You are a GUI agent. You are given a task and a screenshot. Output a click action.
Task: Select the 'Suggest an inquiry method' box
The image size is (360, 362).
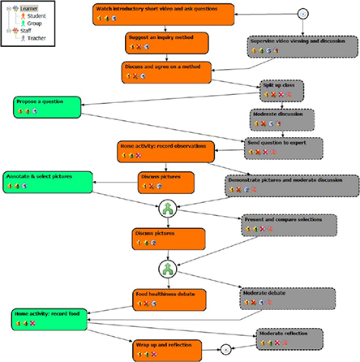click(x=166, y=42)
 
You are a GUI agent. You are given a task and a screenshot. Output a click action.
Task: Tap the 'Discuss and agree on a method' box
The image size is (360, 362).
click(x=167, y=71)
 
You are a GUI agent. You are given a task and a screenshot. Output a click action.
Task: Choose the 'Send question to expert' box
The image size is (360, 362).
click(x=285, y=146)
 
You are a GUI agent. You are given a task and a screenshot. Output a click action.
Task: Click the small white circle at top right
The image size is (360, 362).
click(x=302, y=12)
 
